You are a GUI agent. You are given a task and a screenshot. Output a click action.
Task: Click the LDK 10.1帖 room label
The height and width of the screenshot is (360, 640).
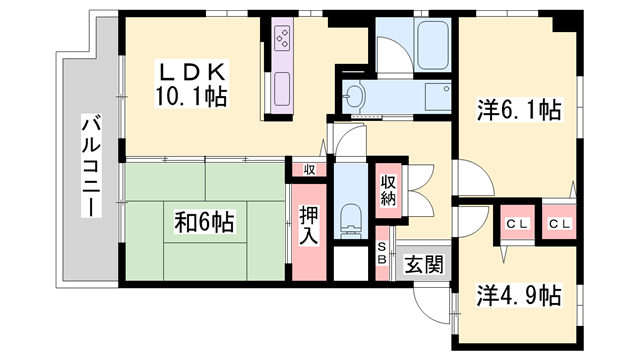click(x=191, y=84)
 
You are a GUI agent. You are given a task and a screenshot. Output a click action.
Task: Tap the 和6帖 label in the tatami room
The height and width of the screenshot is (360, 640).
click(x=204, y=222)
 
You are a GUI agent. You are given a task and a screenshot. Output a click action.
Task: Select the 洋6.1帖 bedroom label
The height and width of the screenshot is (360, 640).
click(x=519, y=109)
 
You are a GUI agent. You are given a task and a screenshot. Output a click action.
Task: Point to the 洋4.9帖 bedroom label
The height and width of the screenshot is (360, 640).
click(x=519, y=295)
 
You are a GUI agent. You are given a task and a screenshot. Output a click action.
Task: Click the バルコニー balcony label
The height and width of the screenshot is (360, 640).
click(x=91, y=166)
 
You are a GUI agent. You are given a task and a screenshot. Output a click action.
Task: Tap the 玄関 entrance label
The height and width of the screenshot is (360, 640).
click(x=424, y=264)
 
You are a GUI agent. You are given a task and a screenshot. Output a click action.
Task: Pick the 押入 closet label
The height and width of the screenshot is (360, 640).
click(x=309, y=225)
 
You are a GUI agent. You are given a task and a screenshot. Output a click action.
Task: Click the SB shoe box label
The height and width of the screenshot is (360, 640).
click(x=382, y=253)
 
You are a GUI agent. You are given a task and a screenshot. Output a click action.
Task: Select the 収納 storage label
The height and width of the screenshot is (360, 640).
click(x=388, y=190)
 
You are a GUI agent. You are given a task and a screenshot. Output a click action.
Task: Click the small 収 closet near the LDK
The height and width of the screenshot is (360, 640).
click(x=309, y=170)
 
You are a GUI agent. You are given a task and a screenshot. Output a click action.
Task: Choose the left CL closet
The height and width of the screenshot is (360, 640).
click(x=518, y=224)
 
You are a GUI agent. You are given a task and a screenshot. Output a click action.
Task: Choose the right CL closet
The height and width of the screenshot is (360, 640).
click(x=559, y=224)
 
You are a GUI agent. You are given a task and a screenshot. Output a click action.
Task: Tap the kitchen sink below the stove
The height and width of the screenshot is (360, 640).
click(x=282, y=89)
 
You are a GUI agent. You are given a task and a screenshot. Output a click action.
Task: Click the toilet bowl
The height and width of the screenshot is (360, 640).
click(x=351, y=220)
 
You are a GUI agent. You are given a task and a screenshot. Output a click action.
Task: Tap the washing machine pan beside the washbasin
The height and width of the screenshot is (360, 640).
click(x=438, y=96)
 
